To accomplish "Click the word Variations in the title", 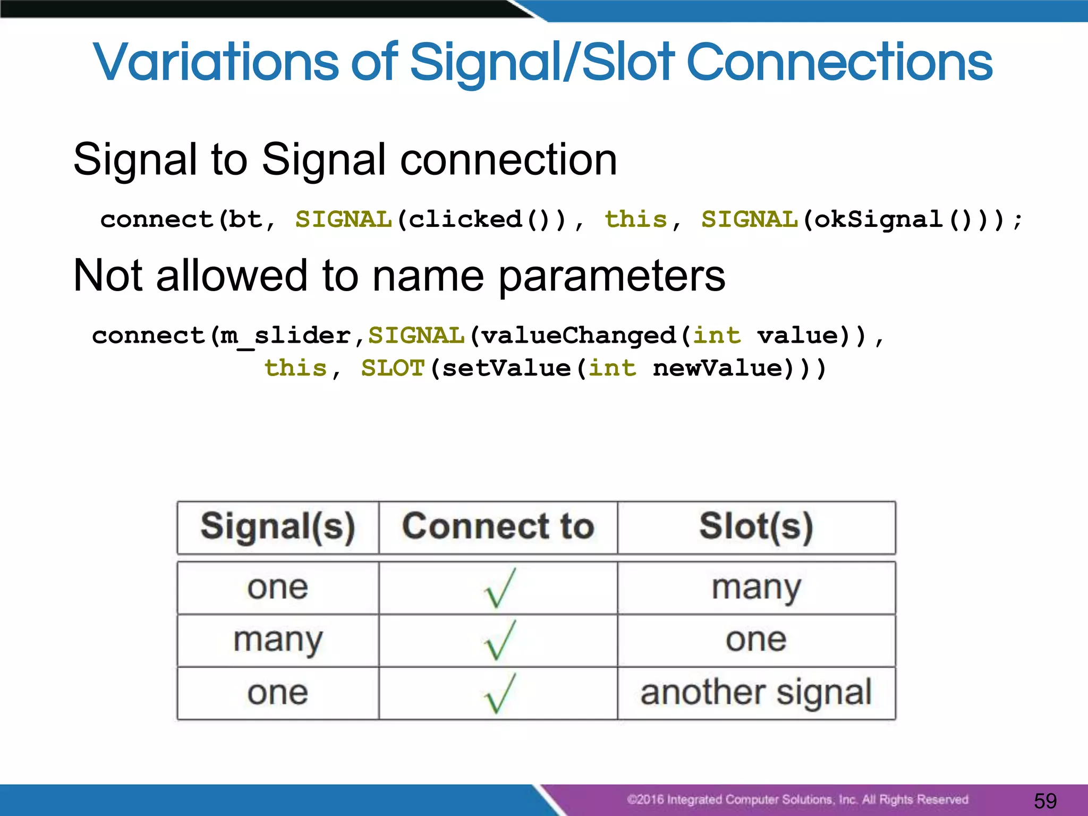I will [x=215, y=63].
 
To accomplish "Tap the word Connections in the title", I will [x=839, y=63].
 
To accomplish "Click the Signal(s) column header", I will [x=278, y=527].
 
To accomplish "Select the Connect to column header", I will [x=498, y=527].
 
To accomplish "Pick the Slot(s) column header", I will [x=756, y=527].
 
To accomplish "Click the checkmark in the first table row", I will [x=499, y=588].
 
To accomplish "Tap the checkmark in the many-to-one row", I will [x=499, y=640].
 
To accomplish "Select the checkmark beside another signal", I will [x=499, y=693].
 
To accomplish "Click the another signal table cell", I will [x=756, y=693].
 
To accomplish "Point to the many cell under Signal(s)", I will [x=278, y=640].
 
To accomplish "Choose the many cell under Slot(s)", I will [x=756, y=588].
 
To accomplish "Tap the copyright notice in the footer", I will [x=797, y=800].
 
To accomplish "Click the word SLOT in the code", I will [x=393, y=368].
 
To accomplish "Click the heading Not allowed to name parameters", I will [x=399, y=276].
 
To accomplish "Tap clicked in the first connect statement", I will [x=465, y=219].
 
